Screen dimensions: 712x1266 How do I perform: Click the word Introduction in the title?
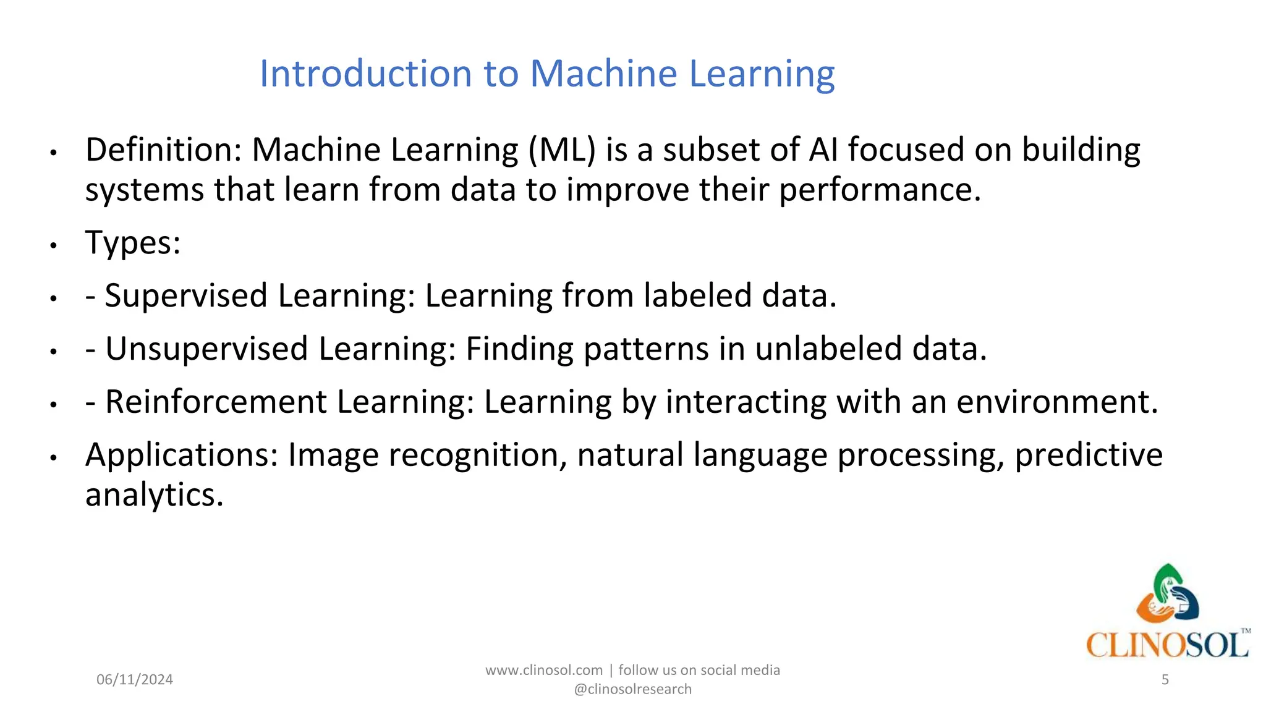pos(366,74)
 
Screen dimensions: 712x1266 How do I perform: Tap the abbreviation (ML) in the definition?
pos(562,150)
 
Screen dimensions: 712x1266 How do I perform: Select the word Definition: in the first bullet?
pos(164,150)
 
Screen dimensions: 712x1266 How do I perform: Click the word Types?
pos(133,243)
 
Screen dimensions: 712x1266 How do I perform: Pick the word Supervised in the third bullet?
pos(186,295)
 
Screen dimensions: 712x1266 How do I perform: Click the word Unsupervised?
pos(206,349)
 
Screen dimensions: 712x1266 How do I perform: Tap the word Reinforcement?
pos(216,402)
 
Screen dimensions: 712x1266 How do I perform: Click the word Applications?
pos(182,455)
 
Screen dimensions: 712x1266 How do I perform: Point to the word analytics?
pos(154,495)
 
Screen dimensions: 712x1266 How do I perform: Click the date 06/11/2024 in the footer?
pos(135,680)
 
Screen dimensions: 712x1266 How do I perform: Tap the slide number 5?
pos(1165,680)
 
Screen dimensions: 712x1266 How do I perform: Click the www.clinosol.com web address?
pos(543,670)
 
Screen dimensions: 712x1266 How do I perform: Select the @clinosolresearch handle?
pos(632,689)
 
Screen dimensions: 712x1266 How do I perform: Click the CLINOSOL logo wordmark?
pos(1166,645)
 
